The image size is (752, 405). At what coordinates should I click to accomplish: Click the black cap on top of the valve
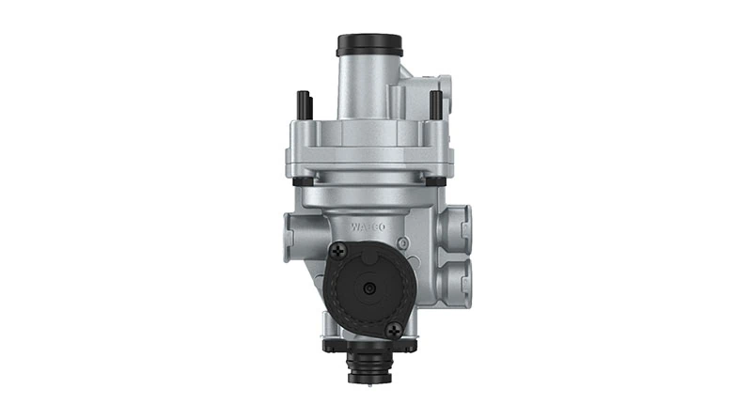[368, 44]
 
